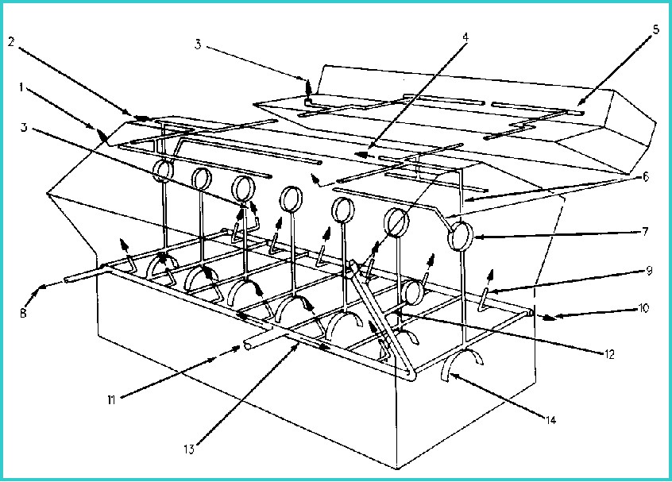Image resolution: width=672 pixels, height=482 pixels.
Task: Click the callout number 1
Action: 21,88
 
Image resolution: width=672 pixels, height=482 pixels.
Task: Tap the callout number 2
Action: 11,42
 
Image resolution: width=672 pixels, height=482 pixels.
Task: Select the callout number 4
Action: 465,37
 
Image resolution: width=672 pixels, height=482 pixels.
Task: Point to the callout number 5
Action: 656,30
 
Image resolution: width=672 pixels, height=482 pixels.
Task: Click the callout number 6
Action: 646,176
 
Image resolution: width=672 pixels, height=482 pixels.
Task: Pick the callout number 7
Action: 646,232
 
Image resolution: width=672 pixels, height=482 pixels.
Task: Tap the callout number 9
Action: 649,270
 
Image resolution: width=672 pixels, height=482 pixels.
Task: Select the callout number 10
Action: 643,308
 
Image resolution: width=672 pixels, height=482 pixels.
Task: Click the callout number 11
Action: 111,400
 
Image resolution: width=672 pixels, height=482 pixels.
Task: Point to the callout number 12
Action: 609,354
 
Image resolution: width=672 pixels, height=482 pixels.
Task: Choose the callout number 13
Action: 189,449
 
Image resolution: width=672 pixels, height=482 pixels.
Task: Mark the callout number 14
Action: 550,420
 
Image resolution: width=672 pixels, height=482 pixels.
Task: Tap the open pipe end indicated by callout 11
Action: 247,345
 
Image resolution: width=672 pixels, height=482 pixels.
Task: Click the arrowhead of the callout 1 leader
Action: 102,137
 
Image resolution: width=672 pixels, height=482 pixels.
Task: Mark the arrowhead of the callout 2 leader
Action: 143,118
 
